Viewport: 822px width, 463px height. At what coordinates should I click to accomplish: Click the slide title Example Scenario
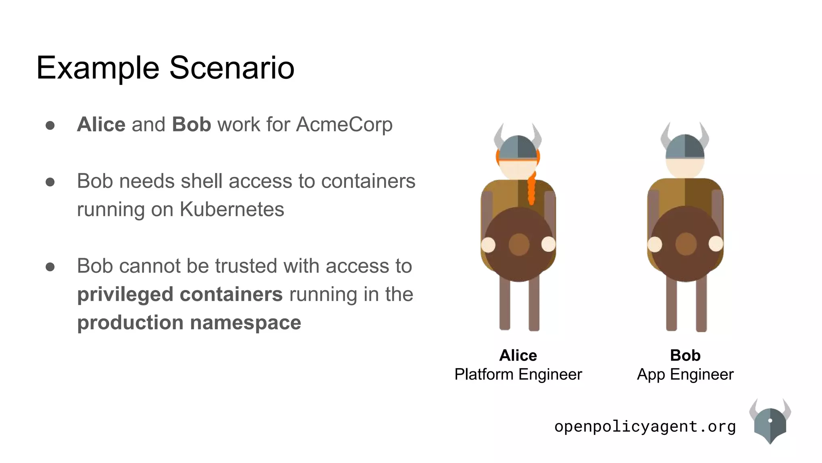(x=165, y=68)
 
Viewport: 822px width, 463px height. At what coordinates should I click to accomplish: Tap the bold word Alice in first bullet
(x=101, y=124)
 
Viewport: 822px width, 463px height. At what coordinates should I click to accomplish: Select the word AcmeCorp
(x=344, y=124)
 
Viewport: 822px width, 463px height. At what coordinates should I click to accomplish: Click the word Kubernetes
(x=232, y=209)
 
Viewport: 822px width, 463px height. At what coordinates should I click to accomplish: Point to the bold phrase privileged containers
(x=180, y=294)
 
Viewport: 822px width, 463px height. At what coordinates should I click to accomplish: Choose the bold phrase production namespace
(x=189, y=322)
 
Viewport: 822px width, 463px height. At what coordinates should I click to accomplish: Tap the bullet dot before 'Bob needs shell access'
(x=50, y=182)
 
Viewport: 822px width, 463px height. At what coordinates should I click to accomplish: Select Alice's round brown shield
(x=519, y=244)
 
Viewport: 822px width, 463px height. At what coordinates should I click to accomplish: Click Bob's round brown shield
(x=686, y=244)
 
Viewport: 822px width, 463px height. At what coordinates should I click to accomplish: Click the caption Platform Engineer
(x=518, y=375)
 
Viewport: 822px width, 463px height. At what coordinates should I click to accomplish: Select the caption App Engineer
(x=685, y=375)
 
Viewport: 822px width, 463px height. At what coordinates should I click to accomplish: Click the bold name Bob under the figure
(x=685, y=355)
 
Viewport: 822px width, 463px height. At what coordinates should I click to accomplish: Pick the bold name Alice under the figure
(x=518, y=355)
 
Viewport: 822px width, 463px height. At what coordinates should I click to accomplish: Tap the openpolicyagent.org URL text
(x=645, y=426)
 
